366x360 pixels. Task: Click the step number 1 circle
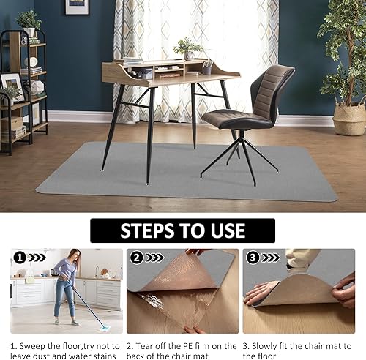click(19, 258)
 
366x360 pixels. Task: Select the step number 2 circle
click(136, 258)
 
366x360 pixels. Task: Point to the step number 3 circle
click(253, 258)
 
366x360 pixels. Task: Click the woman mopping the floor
click(67, 285)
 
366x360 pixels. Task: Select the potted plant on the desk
click(189, 49)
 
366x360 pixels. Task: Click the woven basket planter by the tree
click(348, 119)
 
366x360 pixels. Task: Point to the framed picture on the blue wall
click(77, 7)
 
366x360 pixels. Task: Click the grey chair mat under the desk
click(183, 176)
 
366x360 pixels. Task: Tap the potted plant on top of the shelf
click(29, 20)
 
